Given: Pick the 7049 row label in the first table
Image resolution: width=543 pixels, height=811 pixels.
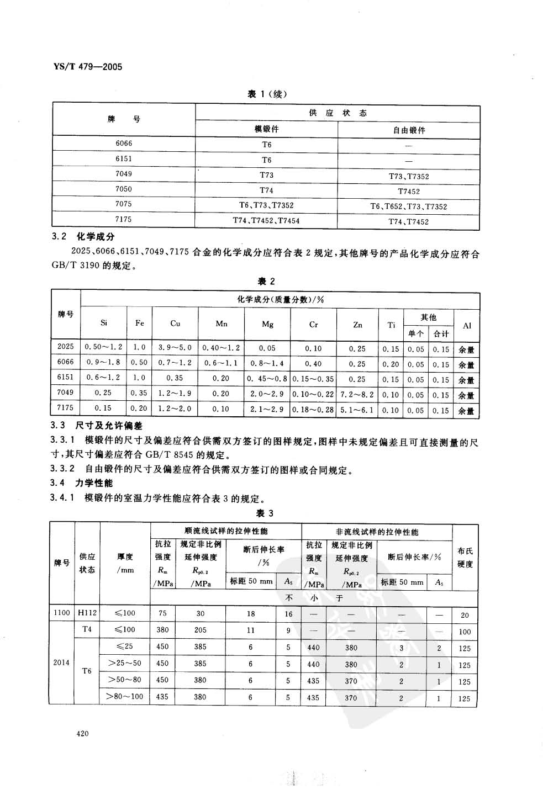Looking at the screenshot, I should coord(124,174).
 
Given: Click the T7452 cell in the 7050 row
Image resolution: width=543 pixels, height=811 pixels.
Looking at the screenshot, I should coord(409,192).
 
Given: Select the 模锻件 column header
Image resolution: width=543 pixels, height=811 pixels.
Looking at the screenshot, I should coord(266,129).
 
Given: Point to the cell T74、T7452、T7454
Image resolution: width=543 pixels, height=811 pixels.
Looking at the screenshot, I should coord(266,220).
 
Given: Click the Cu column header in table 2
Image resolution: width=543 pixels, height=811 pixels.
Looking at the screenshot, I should coord(175,324).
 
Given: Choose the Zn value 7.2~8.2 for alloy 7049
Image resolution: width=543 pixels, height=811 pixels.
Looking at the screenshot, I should coord(357,395).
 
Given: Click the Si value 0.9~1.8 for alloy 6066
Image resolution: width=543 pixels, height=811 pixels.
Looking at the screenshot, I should coord(104,364).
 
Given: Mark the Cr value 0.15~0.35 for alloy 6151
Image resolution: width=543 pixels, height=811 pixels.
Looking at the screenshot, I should coord(313,379).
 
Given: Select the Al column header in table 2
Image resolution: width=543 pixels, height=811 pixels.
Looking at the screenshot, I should coord(467,325).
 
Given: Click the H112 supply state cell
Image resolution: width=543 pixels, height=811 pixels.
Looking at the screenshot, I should coord(87,613).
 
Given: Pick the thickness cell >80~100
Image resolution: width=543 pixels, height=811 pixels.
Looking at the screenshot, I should coord(125,697).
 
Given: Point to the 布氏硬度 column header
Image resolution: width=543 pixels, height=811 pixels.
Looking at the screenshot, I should coord(465,558).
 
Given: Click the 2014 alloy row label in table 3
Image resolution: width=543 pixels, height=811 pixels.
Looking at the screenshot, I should coord(61,662).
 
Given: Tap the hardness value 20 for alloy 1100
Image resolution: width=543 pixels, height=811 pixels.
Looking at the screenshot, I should coord(465,615).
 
